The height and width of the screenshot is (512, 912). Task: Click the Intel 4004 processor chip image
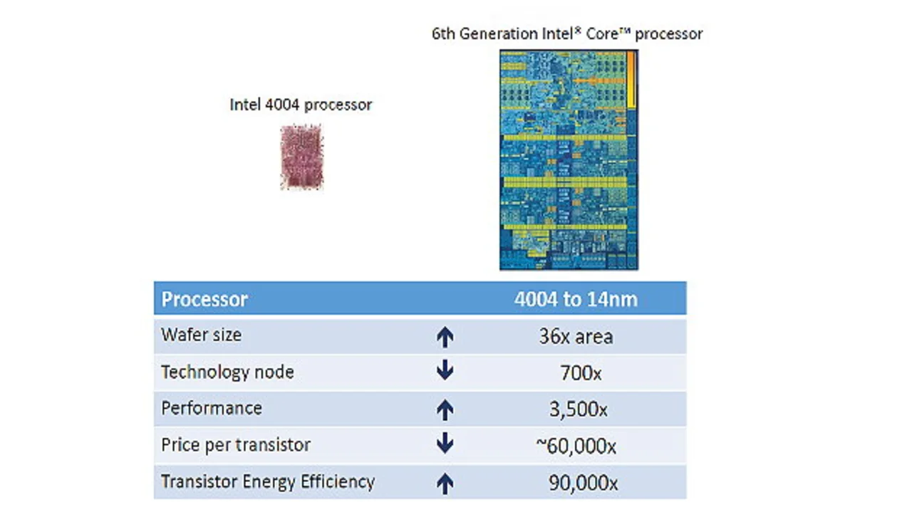pyautogui.click(x=301, y=157)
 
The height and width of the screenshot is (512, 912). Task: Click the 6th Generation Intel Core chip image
pyautogui.click(x=569, y=160)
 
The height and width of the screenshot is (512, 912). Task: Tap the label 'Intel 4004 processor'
pyautogui.click(x=301, y=105)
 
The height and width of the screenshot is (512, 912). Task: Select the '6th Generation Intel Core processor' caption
pyautogui.click(x=567, y=33)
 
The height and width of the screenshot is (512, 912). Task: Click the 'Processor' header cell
pyautogui.click(x=204, y=299)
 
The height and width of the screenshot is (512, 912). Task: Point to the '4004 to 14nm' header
pyautogui.click(x=576, y=299)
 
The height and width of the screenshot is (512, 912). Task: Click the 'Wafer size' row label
pyautogui.click(x=202, y=335)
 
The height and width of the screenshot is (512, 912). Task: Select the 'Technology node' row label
pyautogui.click(x=227, y=372)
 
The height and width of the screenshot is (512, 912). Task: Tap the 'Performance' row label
pyautogui.click(x=212, y=408)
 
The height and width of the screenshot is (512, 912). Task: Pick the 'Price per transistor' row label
pyautogui.click(x=236, y=445)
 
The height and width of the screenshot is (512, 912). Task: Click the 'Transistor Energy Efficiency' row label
pyautogui.click(x=268, y=481)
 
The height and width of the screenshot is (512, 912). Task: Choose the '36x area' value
pyautogui.click(x=576, y=336)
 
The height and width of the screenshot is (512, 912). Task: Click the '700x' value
pyautogui.click(x=581, y=372)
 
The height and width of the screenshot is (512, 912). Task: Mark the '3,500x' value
pyautogui.click(x=578, y=409)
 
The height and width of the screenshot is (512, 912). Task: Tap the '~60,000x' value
pyautogui.click(x=576, y=446)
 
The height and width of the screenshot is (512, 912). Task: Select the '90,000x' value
pyautogui.click(x=583, y=483)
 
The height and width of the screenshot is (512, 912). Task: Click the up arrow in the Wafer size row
pyautogui.click(x=445, y=337)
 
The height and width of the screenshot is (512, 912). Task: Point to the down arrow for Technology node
pyautogui.click(x=445, y=371)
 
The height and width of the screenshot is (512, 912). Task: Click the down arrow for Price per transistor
pyautogui.click(x=445, y=444)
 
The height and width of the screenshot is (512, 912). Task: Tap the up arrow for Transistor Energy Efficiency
pyautogui.click(x=445, y=484)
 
